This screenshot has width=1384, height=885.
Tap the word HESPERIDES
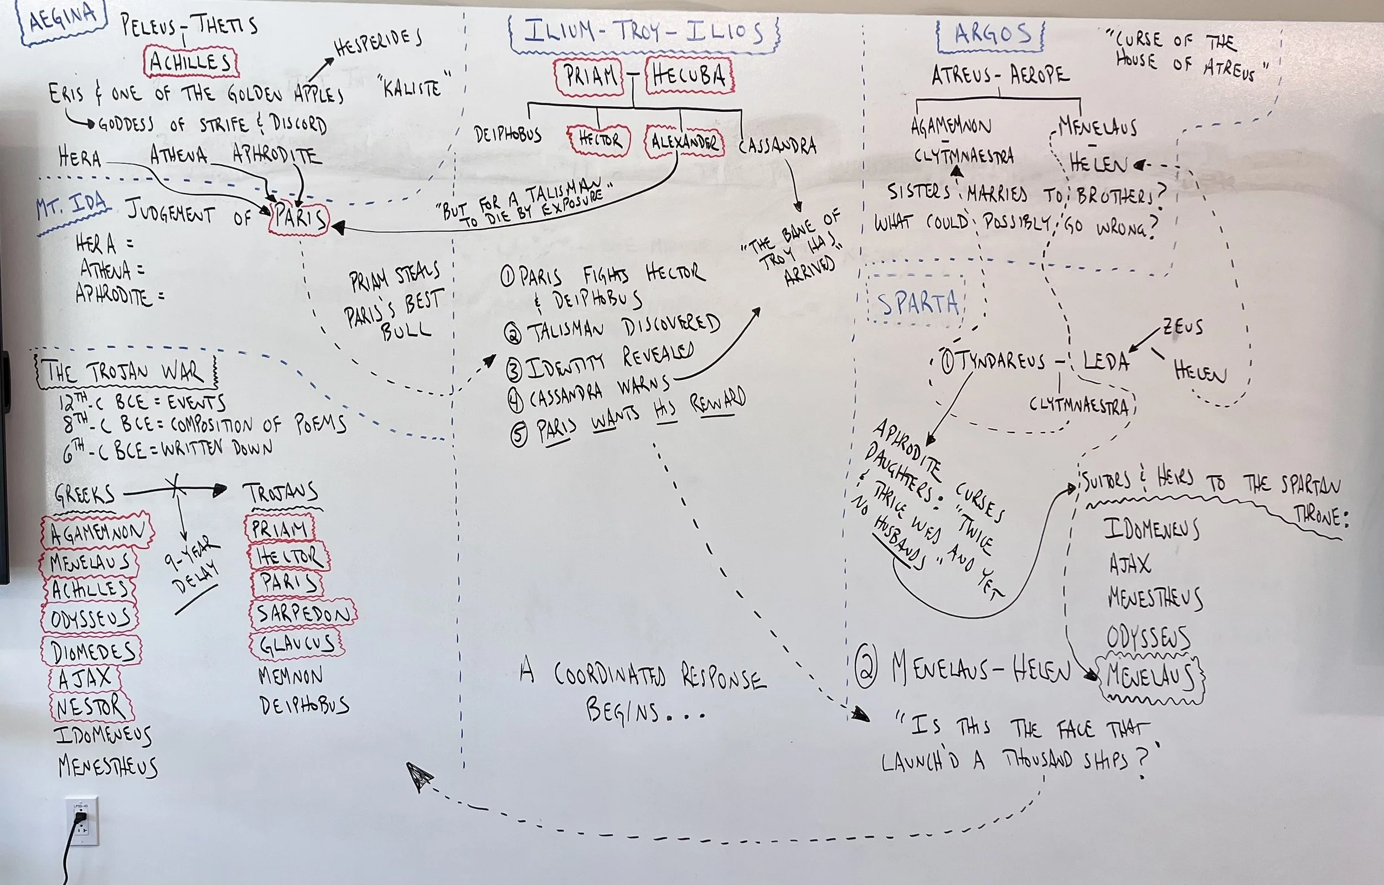(378, 44)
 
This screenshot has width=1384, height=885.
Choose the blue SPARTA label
(917, 304)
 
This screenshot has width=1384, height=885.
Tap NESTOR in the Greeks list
(91, 706)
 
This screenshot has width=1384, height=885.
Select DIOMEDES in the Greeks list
(92, 650)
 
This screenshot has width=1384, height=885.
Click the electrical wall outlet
(81, 820)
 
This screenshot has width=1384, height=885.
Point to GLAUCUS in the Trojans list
(297, 644)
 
